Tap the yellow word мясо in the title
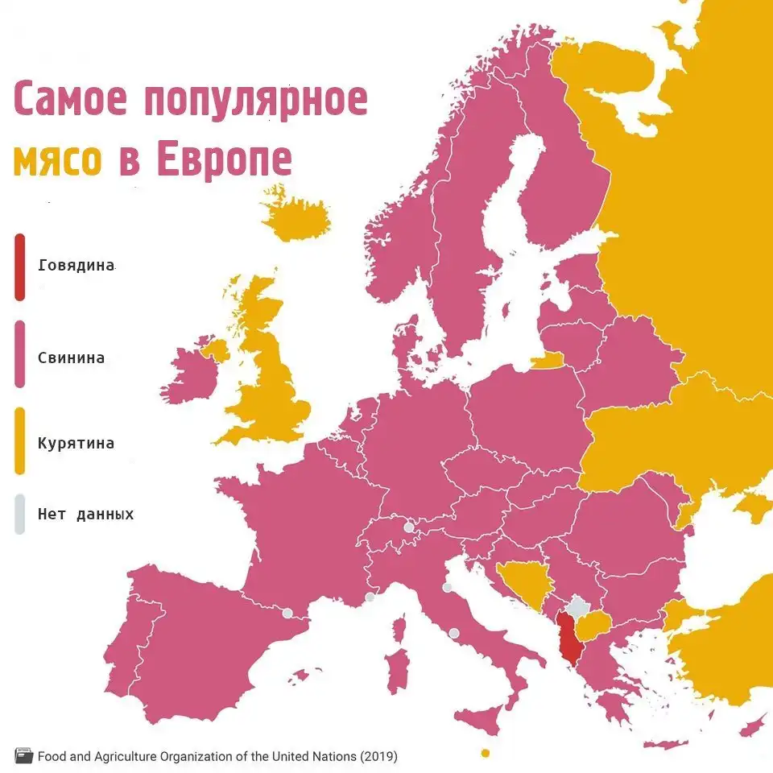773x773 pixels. (x=57, y=160)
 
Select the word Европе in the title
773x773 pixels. (x=223, y=159)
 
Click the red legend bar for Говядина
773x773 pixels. (x=19, y=267)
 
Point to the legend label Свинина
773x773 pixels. (x=71, y=357)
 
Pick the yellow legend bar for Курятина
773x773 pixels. (x=19, y=441)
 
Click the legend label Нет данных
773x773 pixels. (x=85, y=514)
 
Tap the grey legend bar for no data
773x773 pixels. (x=19, y=514)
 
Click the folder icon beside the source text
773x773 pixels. (x=24, y=756)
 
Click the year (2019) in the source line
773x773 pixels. (x=378, y=756)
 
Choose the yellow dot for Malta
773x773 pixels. (x=485, y=753)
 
